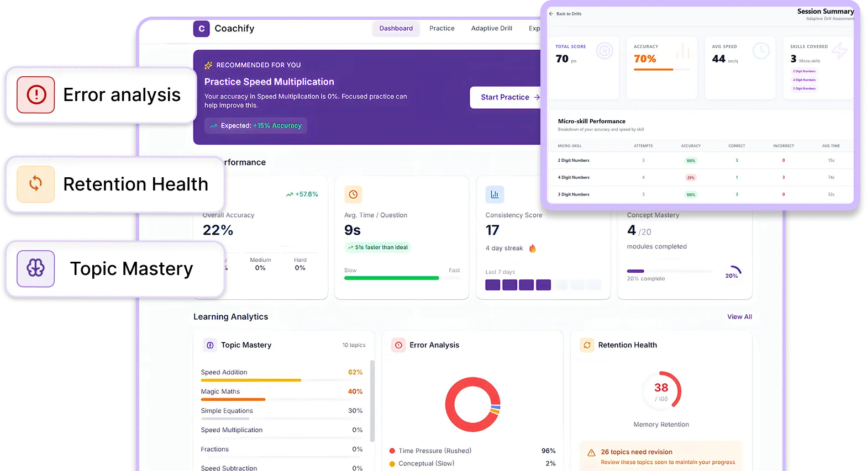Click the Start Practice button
point(506,97)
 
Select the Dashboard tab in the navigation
point(396,28)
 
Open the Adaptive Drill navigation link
point(491,28)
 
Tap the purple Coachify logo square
point(201,29)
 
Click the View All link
point(739,317)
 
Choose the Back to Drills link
point(565,14)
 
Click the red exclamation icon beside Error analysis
point(36,95)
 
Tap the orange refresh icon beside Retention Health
point(36,184)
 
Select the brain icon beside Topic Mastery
point(36,268)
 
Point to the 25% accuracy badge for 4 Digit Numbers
point(691,178)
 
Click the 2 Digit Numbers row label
point(574,161)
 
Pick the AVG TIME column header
point(831,146)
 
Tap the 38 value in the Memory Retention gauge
point(661,388)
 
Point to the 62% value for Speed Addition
point(355,373)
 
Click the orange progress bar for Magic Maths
point(233,399)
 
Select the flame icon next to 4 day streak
point(532,248)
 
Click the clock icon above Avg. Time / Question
point(353,194)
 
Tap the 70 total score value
point(562,59)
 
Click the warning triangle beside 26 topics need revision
point(591,453)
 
